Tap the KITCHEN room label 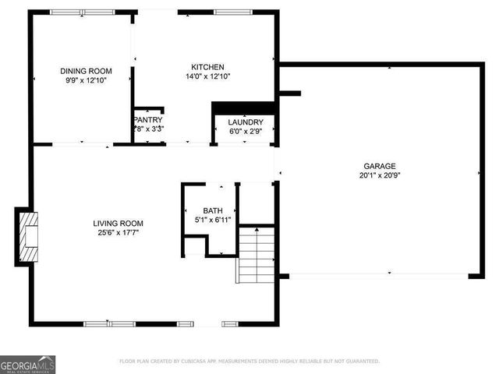pos(207,67)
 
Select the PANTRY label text pos(147,119)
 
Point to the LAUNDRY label pos(245,122)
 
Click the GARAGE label pos(379,166)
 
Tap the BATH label pos(213,211)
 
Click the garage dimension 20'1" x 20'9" pos(379,175)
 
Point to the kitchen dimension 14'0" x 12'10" pos(207,76)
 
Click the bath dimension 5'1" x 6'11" pos(213,221)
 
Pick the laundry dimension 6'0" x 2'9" pos(245,132)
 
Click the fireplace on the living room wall pos(26,237)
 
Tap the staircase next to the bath pos(257,255)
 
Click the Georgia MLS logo pos(28,363)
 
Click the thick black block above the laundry pos(245,108)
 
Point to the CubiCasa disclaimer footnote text pos(249,362)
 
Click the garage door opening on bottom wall pos(378,275)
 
